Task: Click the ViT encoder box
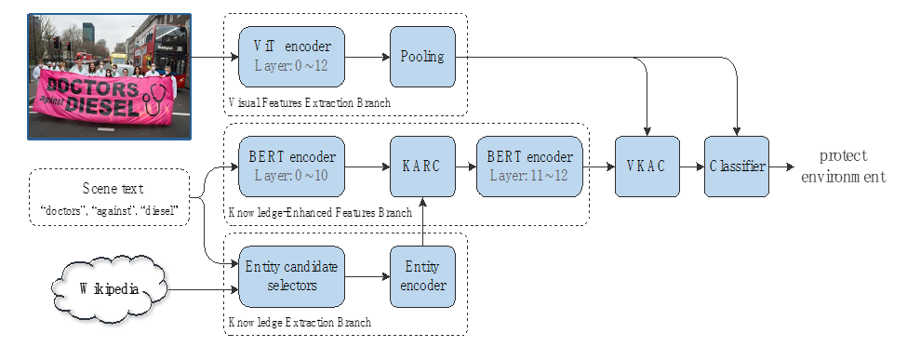tap(291, 57)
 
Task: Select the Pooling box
tap(422, 57)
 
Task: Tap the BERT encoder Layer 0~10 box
tap(291, 167)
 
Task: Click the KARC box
tap(422, 167)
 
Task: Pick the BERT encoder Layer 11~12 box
tap(529, 167)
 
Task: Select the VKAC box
tap(647, 167)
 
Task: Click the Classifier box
tap(737, 167)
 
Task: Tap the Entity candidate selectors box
tap(291, 276)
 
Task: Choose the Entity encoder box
tap(422, 276)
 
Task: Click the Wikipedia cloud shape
tap(110, 288)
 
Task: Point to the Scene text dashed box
tap(110, 197)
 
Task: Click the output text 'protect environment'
tap(844, 167)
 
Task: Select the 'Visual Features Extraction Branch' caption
tap(310, 103)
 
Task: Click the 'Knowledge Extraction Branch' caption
tap(300, 322)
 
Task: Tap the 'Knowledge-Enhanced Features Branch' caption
tap(320, 212)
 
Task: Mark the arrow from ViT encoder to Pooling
tap(367, 57)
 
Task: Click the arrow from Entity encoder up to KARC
tap(423, 221)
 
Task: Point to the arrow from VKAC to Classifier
tap(692, 167)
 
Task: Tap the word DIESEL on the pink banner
tap(102, 105)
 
